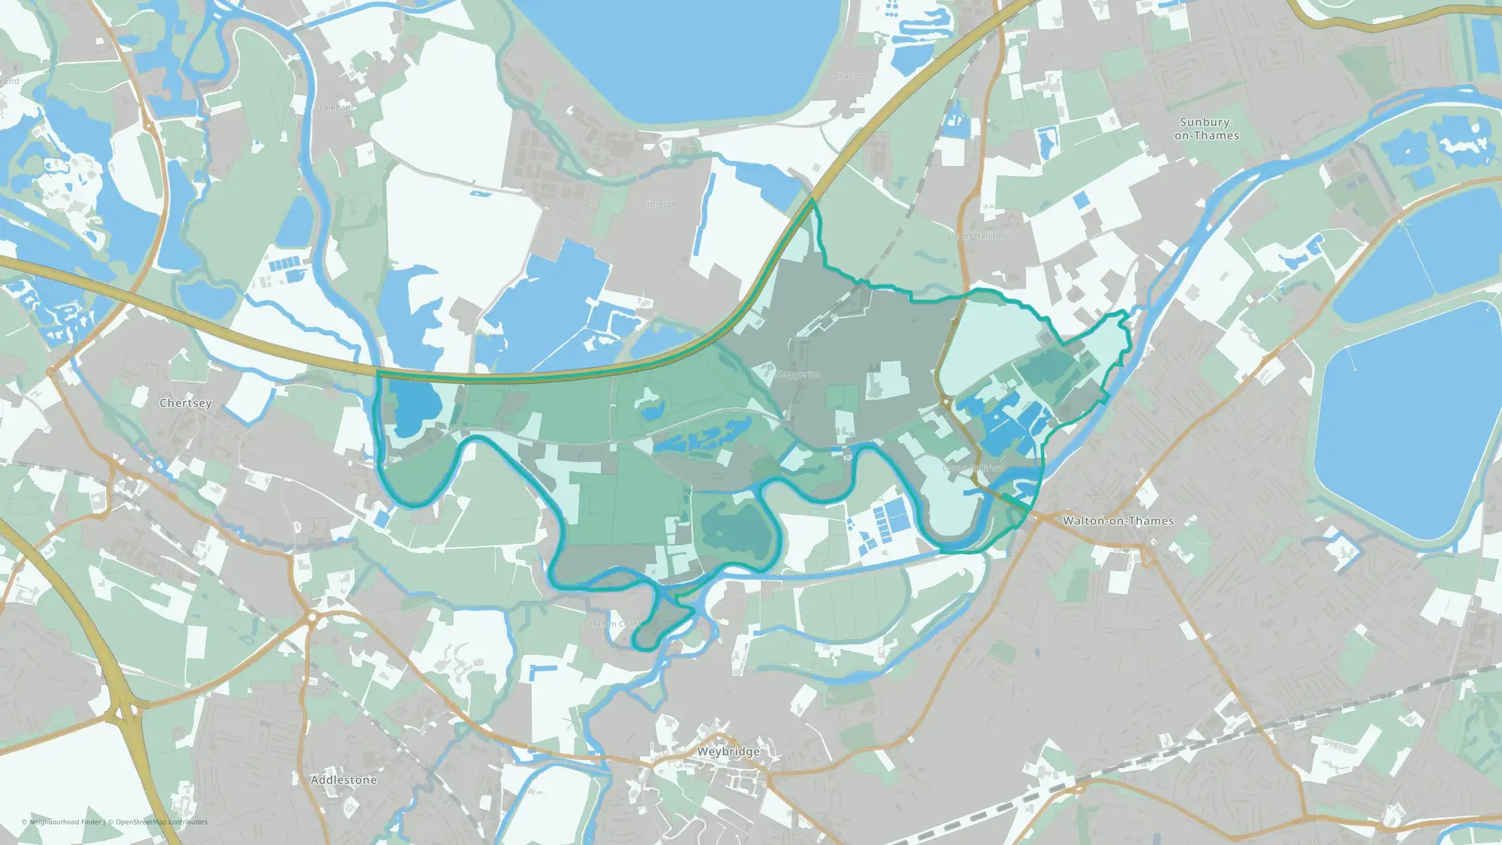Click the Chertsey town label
click(185, 403)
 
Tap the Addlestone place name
click(344, 780)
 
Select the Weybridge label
click(728, 752)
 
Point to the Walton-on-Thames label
click(1117, 521)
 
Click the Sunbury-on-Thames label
click(1206, 128)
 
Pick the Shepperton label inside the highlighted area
click(798, 374)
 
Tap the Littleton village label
click(659, 204)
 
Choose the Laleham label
click(335, 107)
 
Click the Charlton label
click(850, 77)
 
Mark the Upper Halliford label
click(979, 236)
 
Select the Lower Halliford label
click(973, 468)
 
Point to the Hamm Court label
click(615, 624)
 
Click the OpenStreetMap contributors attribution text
click(161, 822)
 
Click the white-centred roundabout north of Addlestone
click(312, 617)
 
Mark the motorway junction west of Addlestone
click(124, 710)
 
